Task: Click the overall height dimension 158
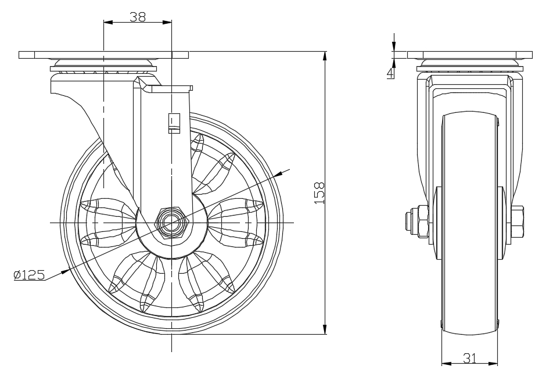pos(319,193)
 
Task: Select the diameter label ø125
pos(29,275)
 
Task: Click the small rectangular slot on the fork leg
pos(173,122)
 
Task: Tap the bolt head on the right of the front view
pos(517,223)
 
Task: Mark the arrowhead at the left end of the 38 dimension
pos(106,23)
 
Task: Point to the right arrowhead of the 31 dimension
pos(494,364)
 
